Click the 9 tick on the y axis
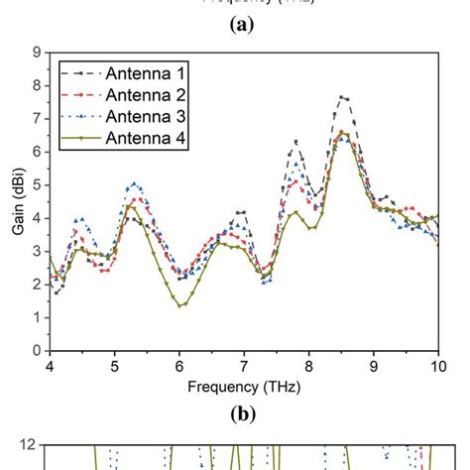click(x=36, y=52)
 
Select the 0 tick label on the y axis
click(x=36, y=350)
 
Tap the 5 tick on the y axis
click(x=36, y=184)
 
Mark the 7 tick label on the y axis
click(x=36, y=118)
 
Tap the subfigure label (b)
click(x=244, y=414)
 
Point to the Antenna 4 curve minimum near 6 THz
click(x=179, y=305)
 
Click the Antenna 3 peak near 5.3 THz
click(x=135, y=183)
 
